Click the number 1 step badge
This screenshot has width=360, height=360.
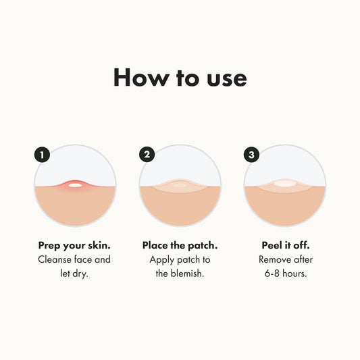pyautogui.click(x=42, y=155)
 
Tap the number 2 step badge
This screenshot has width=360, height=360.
pyautogui.click(x=147, y=155)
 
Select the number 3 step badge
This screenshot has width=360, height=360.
pyautogui.click(x=251, y=155)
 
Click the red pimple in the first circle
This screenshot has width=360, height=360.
pyautogui.click(x=75, y=184)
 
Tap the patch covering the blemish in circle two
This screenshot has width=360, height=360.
pyautogui.click(x=180, y=185)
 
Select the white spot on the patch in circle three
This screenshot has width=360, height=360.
pyautogui.click(x=284, y=183)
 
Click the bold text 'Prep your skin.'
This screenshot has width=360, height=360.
pyautogui.click(x=75, y=245)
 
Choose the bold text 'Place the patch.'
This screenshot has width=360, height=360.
pyautogui.click(x=180, y=245)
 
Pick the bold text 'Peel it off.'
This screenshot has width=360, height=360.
pyautogui.click(x=284, y=245)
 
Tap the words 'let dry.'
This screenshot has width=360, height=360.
pyautogui.click(x=75, y=274)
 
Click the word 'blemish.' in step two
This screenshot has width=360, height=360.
pyautogui.click(x=188, y=274)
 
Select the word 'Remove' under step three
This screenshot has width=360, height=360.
pyautogui.click(x=275, y=259)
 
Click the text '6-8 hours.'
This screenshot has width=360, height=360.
pyautogui.click(x=284, y=274)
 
